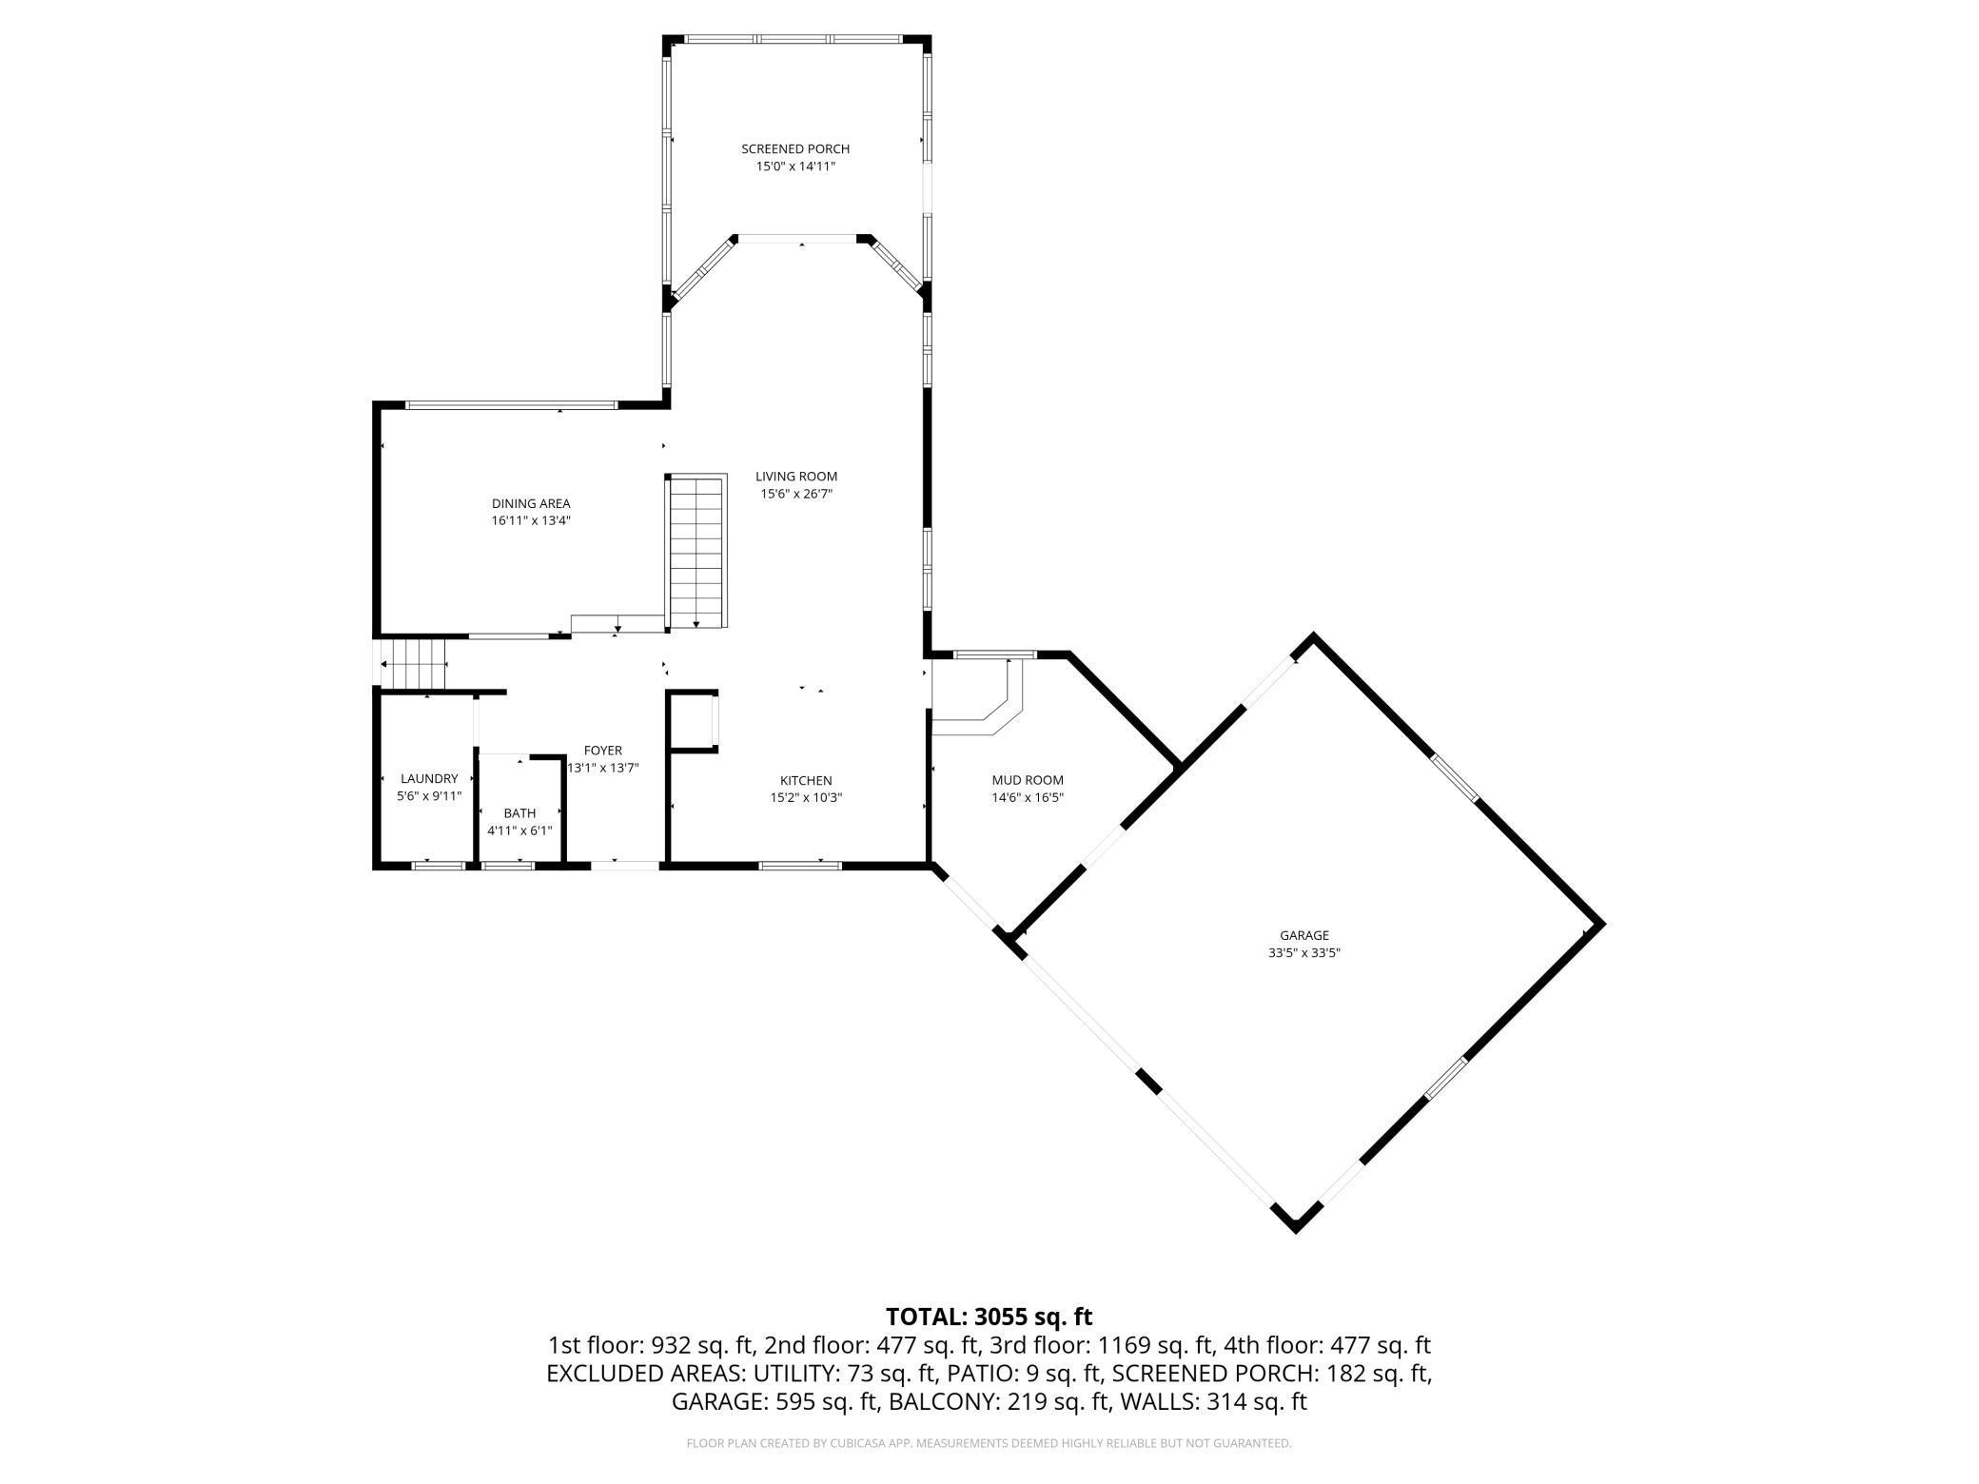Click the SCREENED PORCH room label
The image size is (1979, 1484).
pyautogui.click(x=795, y=149)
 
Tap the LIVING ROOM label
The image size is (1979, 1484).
pyautogui.click(x=796, y=477)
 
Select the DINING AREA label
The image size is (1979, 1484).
pyautogui.click(x=531, y=504)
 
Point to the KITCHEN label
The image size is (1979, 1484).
pyautogui.click(x=806, y=781)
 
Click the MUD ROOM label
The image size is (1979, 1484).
pyautogui.click(x=1028, y=781)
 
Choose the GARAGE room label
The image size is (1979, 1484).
pyautogui.click(x=1303, y=936)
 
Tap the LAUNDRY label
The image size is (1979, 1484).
pyautogui.click(x=429, y=779)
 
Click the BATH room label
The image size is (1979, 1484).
pyautogui.click(x=519, y=813)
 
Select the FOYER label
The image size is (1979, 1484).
pyautogui.click(x=602, y=751)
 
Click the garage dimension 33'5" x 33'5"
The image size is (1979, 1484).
pyautogui.click(x=1303, y=953)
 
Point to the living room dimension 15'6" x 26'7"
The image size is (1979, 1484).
pyautogui.click(x=796, y=494)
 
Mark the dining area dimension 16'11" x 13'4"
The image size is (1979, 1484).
pyautogui.click(x=531, y=521)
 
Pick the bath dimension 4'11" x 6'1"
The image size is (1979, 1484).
pyautogui.click(x=519, y=830)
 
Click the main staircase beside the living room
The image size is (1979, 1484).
pyautogui.click(x=697, y=552)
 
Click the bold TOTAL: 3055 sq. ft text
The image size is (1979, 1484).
pyautogui.click(x=989, y=1317)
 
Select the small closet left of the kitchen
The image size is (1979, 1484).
pyautogui.click(x=692, y=723)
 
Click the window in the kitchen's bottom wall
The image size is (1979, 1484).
pyautogui.click(x=799, y=865)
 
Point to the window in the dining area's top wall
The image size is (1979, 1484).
pyautogui.click(x=512, y=405)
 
